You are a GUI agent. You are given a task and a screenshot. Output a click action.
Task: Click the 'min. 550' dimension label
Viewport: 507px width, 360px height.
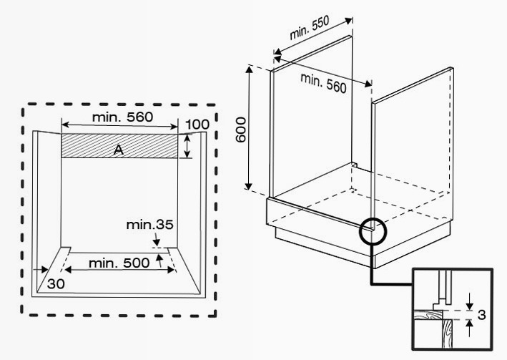tap(310, 27)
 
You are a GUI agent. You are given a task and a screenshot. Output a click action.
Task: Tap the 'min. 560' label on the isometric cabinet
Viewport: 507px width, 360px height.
tap(323, 83)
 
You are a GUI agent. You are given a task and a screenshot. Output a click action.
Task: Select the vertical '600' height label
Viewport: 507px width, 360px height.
tap(240, 130)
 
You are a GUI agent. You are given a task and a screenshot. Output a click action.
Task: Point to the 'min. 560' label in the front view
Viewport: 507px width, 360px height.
tap(122, 117)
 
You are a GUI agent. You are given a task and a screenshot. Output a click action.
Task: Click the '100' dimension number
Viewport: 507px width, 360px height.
tap(197, 125)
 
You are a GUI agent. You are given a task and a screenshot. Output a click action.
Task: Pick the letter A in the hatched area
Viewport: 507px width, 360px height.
tap(119, 150)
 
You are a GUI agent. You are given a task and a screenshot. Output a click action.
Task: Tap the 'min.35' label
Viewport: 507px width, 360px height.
tap(149, 224)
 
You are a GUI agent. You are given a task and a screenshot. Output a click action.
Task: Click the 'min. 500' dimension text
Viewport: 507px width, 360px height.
tap(119, 263)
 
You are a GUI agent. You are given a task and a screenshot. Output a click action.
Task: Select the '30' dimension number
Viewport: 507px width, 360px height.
tap(56, 284)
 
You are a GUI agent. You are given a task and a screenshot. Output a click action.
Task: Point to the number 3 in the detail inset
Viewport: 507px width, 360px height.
tap(481, 315)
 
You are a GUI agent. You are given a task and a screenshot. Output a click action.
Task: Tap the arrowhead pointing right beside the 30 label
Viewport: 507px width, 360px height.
tap(44, 269)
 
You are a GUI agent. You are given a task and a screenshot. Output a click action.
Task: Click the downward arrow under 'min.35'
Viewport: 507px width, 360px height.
tap(156, 239)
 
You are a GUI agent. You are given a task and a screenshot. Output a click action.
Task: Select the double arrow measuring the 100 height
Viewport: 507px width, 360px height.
tap(187, 146)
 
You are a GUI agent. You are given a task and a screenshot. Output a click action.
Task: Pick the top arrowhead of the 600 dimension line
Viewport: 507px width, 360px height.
tap(250, 69)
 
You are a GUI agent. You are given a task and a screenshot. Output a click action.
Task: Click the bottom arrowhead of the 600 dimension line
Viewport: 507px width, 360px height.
tap(248, 186)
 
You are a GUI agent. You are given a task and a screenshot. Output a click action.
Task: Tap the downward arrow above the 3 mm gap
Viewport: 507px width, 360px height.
tap(470, 302)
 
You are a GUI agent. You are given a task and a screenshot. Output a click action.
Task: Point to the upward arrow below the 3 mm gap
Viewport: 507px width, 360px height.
tap(470, 328)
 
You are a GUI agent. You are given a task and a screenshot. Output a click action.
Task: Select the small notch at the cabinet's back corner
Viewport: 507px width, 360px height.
tap(355, 165)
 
